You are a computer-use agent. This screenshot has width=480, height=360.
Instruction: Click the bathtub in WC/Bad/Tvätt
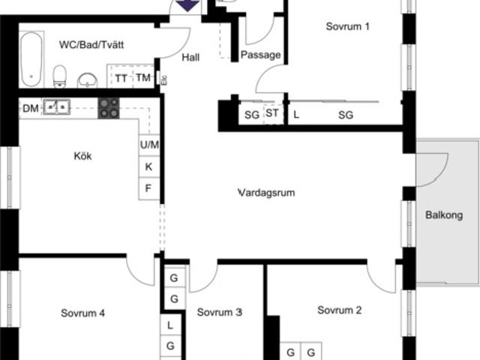pos(31,59)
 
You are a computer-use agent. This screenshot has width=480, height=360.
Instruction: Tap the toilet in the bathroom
pos(60,76)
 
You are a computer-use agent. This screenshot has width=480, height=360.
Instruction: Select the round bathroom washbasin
pos(87,80)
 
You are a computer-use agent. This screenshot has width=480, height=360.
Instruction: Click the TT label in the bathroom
pos(121,79)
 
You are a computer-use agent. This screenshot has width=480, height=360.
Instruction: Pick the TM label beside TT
pos(143,78)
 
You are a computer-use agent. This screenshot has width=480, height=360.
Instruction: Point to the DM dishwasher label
pos(31,108)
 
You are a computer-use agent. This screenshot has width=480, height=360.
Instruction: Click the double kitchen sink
pos(57,107)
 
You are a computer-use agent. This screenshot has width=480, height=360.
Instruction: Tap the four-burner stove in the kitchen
pos(109,108)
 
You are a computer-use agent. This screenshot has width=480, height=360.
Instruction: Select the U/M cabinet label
pos(149,145)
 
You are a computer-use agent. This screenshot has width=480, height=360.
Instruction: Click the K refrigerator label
pos(148,166)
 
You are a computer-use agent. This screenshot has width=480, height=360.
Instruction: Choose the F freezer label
pos(148,188)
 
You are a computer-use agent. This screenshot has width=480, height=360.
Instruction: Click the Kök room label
pos(82,156)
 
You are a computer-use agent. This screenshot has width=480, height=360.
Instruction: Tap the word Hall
pos(190,57)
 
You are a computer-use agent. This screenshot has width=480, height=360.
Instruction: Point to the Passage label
pos(260,55)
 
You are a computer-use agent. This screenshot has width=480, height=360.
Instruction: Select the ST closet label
pos(272,113)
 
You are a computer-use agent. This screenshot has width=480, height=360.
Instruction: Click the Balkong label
pos(444,215)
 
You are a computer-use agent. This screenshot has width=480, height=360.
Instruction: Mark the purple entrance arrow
pos(187,5)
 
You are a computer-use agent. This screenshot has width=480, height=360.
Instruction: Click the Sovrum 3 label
pos(220,312)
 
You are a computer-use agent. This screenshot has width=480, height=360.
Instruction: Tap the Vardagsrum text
pos(266,193)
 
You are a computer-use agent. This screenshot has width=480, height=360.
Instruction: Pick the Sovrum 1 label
pos(347,27)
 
